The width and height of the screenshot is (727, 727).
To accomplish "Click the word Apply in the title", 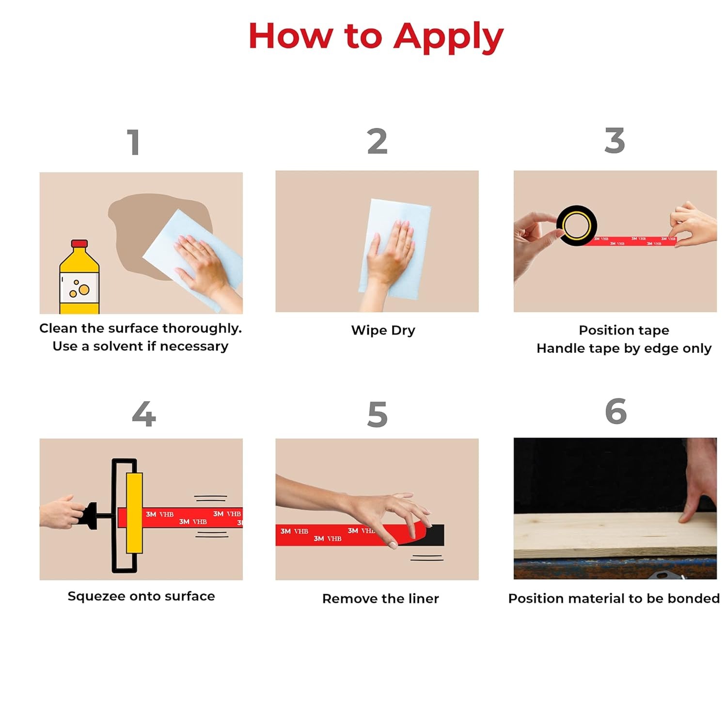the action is coord(448,37).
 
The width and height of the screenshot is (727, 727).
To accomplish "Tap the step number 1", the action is coord(134,142).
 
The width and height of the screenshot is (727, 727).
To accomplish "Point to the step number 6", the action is coord(616,411).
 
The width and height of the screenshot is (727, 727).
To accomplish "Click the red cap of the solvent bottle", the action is coord(79,244).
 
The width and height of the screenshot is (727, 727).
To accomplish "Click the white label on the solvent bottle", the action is coord(79,286).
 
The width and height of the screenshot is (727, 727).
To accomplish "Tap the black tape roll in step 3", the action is coord(577,225).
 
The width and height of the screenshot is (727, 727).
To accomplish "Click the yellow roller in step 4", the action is coord(134,513).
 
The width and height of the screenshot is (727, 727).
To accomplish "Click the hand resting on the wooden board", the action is coord(698,480).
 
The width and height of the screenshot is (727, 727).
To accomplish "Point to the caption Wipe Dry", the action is coord(383,331).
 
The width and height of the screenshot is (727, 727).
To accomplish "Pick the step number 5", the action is coord(378,414).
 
